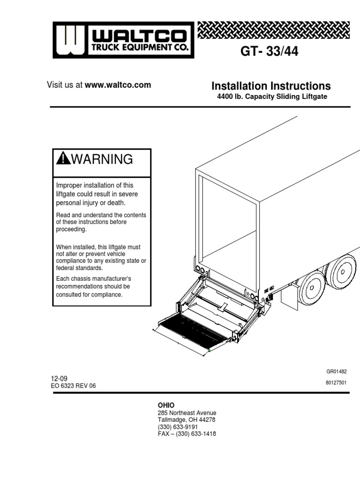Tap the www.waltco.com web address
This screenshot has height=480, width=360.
(118, 85)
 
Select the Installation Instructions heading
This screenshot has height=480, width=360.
(271, 86)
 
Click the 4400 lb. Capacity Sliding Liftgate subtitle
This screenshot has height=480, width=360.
(271, 97)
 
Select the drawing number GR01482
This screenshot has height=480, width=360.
(337, 371)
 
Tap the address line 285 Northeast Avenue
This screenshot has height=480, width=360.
(187, 413)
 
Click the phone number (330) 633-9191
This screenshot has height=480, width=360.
(178, 427)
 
